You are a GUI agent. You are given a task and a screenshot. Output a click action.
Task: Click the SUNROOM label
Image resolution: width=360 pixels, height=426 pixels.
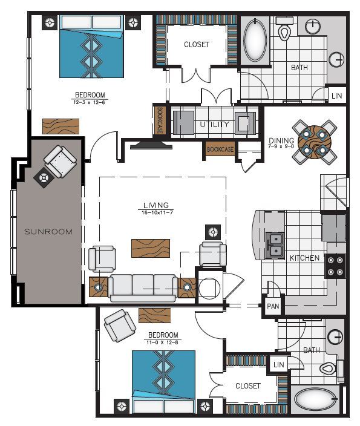pos(48,231)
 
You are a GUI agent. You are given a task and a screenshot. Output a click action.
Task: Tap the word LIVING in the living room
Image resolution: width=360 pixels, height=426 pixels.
pos(156,205)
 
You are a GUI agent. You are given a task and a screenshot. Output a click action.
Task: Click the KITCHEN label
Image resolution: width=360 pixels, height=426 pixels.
pos(304,258)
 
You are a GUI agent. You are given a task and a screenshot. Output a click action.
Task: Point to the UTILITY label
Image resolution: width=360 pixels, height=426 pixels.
pos(214,125)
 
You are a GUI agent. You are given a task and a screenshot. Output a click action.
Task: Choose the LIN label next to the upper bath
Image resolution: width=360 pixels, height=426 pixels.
pos(336,96)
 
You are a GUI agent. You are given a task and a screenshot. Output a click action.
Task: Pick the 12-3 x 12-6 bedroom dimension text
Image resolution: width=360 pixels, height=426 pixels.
pos(90,101)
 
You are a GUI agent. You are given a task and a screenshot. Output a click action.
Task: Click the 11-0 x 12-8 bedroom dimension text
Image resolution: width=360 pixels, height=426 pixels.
pos(162,342)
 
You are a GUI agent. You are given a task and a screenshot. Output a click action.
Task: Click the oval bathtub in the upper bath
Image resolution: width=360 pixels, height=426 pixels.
pos(254,41)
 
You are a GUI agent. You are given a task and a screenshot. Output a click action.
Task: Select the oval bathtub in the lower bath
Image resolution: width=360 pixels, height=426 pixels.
pos(315,400)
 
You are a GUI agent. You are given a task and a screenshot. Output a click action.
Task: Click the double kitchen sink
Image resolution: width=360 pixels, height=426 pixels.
pos(275,243)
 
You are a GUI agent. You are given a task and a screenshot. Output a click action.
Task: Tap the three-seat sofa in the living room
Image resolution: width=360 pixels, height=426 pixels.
pos(143,286)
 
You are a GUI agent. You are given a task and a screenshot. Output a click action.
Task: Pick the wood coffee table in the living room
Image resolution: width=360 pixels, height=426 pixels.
pos(151,248)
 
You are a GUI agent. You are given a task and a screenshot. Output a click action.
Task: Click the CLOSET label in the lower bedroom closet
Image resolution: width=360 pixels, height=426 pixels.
pos(248,386)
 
